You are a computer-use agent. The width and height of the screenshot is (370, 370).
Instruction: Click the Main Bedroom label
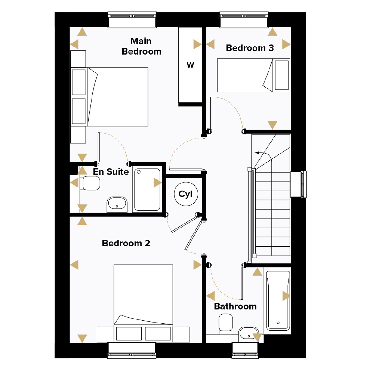[142, 46]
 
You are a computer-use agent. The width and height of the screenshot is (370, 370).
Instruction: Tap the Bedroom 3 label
[250, 48]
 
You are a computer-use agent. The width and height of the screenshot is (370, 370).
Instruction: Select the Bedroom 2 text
[126, 243]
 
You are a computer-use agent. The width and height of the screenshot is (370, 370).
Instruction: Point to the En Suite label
[111, 172]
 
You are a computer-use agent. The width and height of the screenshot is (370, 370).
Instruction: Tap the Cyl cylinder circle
[186, 194]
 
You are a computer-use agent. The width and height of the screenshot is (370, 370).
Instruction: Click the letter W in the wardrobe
[190, 65]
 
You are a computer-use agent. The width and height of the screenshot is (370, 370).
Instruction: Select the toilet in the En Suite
[90, 183]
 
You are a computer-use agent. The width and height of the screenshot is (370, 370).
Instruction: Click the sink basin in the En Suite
[117, 205]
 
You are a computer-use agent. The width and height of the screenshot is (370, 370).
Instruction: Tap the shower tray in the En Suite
[147, 190]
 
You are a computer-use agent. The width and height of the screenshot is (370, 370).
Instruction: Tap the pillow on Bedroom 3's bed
[282, 75]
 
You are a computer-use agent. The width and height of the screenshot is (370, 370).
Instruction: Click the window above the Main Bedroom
[132, 20]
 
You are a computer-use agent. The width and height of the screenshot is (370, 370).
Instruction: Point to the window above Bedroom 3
[244, 20]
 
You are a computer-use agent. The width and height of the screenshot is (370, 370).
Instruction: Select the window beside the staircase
[298, 184]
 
